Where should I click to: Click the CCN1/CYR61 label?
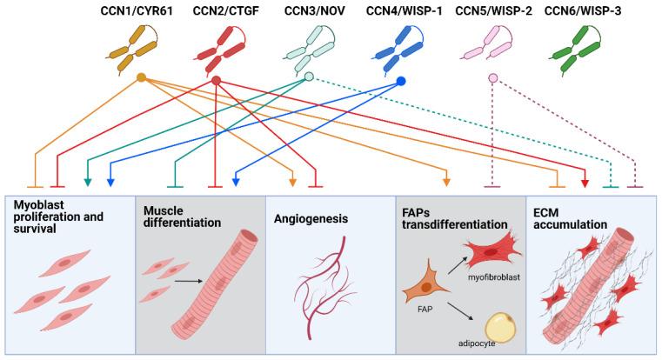141,13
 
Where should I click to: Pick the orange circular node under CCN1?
142,78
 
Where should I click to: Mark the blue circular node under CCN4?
401,82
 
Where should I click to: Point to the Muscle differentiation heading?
178,217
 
